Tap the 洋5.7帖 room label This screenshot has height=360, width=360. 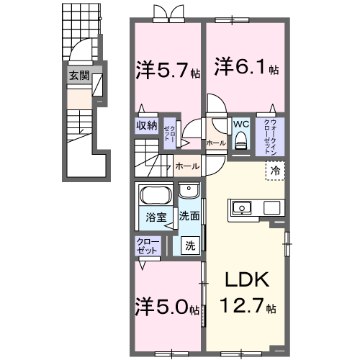click(165, 70)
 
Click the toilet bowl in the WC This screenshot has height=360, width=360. click(240, 141)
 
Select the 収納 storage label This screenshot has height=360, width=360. click(147, 125)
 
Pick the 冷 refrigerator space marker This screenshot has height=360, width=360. click(276, 171)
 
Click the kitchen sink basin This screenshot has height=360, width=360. click(240, 208)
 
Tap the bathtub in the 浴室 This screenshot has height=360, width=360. click(153, 196)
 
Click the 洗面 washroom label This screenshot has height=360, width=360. click(189, 216)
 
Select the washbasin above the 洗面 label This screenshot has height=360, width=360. click(189, 192)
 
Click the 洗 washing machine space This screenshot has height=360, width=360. click(190, 245)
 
